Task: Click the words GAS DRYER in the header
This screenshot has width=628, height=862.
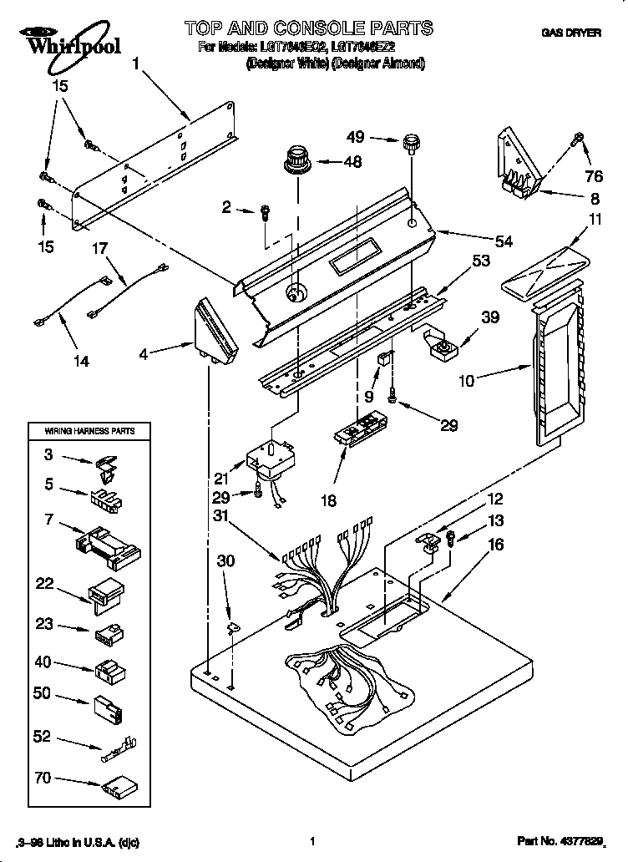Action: [571, 33]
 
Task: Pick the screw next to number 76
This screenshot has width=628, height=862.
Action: [575, 140]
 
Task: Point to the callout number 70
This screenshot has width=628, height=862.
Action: [42, 778]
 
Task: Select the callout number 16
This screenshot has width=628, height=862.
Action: [496, 544]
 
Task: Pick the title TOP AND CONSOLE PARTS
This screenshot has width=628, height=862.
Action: [309, 28]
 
